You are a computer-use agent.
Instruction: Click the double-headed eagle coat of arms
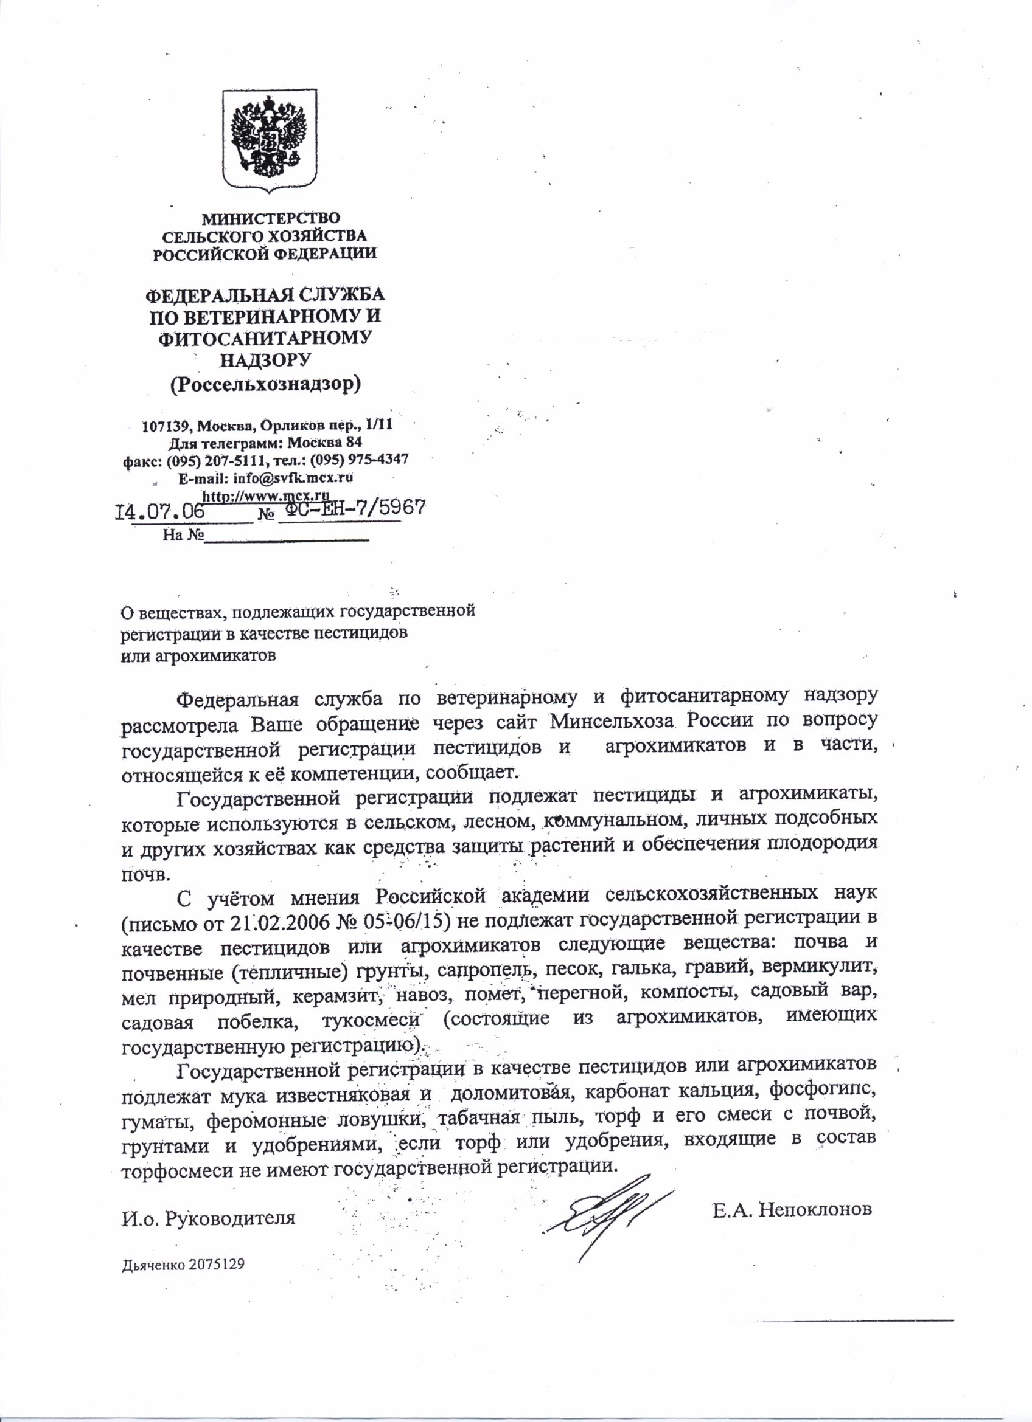(x=270, y=142)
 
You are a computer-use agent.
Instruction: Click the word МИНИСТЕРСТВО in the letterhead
(x=270, y=219)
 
